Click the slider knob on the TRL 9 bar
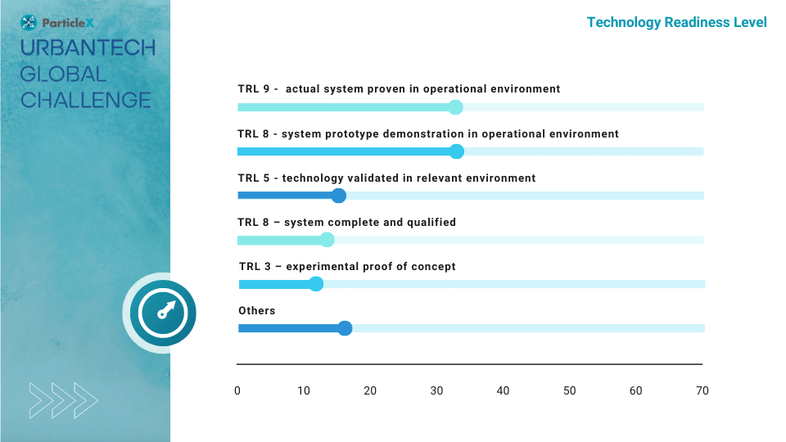click(455, 107)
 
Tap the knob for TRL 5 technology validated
click(338, 196)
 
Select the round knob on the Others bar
click(345, 328)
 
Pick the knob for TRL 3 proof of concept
click(316, 284)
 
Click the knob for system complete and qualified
click(327, 240)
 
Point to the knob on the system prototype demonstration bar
click(456, 151)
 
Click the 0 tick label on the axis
click(237, 391)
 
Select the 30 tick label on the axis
click(436, 391)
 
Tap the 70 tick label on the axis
click(702, 391)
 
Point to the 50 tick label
click(570, 391)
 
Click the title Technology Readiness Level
click(677, 23)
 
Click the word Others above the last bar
click(256, 311)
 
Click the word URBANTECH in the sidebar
click(88, 48)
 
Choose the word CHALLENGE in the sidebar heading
click(86, 100)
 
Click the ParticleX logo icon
click(29, 23)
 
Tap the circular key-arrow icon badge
click(162, 313)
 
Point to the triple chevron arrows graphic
click(63, 400)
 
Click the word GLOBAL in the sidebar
click(63, 74)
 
